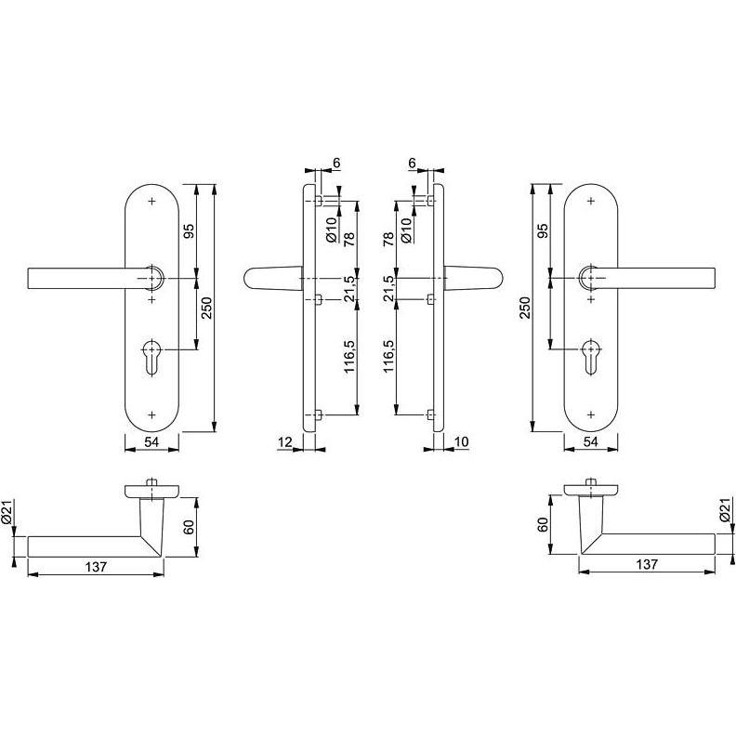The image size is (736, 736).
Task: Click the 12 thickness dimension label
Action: click(x=285, y=443)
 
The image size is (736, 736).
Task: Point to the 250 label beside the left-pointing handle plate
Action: click(x=207, y=308)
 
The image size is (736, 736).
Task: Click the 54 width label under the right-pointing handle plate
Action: click(x=592, y=443)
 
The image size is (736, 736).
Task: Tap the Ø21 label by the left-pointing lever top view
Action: click(x=8, y=512)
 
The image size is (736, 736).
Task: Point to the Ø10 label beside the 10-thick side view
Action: click(x=405, y=226)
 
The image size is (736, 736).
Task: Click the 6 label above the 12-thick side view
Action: click(x=335, y=164)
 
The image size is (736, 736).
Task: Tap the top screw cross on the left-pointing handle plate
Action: click(x=152, y=201)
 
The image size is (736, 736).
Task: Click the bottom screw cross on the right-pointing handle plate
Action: click(x=591, y=414)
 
